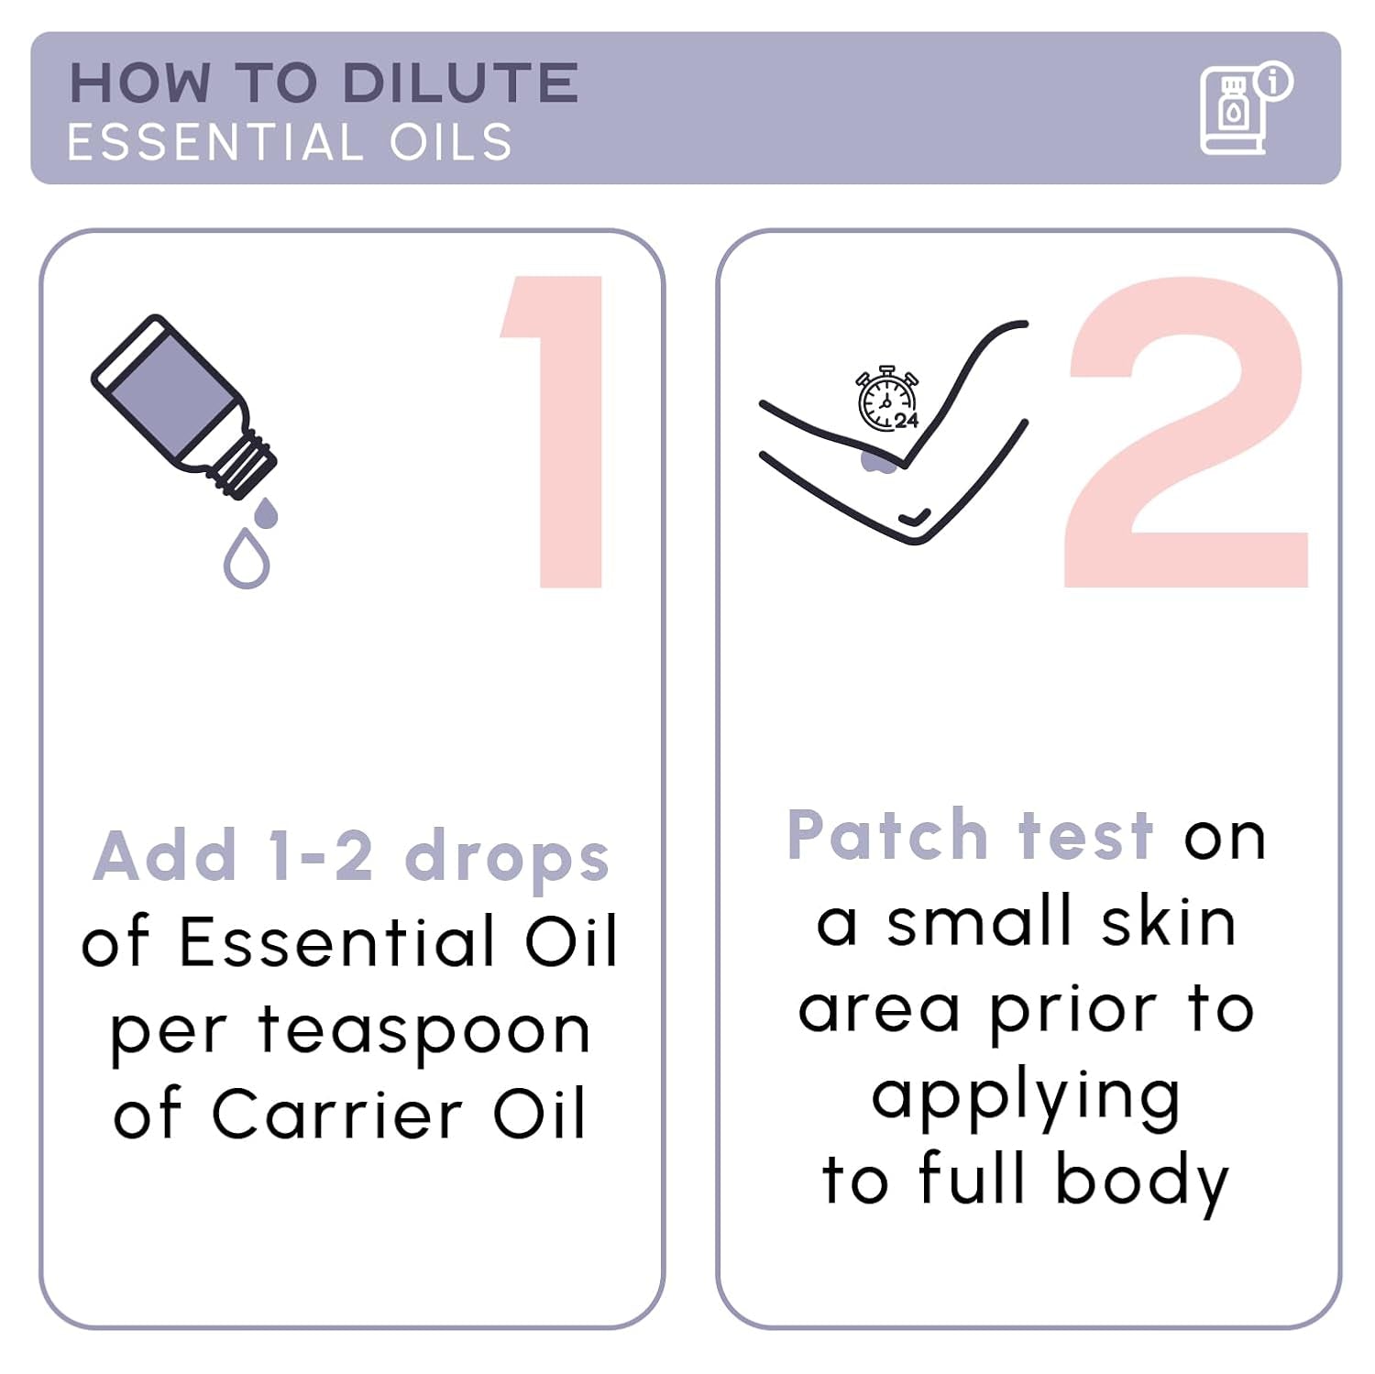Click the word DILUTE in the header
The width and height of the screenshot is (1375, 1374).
pyautogui.click(x=459, y=83)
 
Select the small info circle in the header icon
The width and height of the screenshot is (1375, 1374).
pyautogui.click(x=1274, y=81)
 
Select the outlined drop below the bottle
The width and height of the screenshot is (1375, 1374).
pyautogui.click(x=247, y=558)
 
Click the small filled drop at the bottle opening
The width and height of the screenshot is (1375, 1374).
pyautogui.click(x=265, y=513)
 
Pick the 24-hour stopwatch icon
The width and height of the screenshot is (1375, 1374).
pyautogui.click(x=886, y=399)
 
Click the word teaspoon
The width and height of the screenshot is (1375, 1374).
pyautogui.click(x=423, y=1031)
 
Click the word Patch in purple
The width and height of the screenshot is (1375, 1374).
pyautogui.click(x=886, y=835)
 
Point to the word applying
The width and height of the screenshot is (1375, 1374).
pyautogui.click(x=1026, y=1097)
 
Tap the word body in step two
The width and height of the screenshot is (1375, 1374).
pyautogui.click(x=1141, y=1181)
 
